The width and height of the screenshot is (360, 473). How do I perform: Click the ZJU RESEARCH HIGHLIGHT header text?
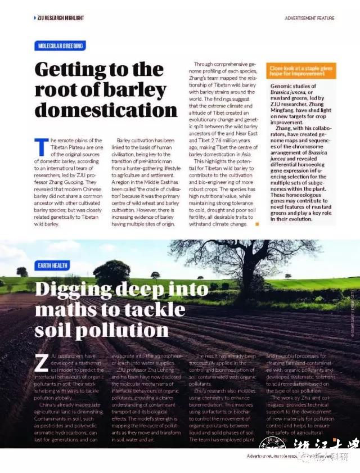(x=60, y=18)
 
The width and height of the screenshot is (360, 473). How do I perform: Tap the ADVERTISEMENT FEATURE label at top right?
(x=309, y=19)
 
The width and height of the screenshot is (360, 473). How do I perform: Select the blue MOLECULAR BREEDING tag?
(x=60, y=46)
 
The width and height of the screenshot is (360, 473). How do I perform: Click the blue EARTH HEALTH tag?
(x=53, y=264)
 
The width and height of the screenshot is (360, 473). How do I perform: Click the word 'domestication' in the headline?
(x=106, y=110)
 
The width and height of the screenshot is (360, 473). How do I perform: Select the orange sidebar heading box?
(x=300, y=70)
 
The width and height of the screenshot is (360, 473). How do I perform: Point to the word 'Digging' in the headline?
(x=73, y=290)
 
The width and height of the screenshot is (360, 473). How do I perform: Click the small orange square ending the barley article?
(x=257, y=224)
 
